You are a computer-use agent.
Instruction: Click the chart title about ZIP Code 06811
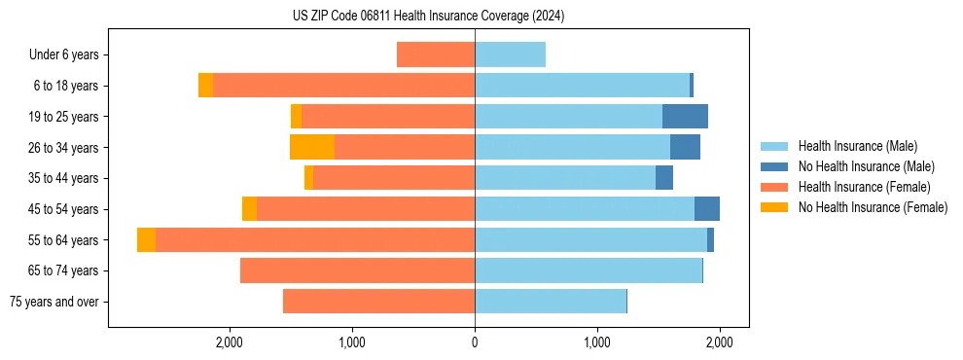tap(428, 17)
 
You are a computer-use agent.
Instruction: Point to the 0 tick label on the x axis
tap(475, 342)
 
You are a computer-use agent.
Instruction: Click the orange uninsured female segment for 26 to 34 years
tap(312, 147)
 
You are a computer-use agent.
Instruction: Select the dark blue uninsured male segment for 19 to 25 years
tap(685, 116)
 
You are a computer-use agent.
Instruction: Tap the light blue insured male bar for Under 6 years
tap(510, 54)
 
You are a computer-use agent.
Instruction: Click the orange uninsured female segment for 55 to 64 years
tap(146, 240)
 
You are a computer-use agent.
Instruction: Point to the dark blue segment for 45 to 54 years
tap(707, 209)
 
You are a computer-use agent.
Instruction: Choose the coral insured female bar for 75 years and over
tap(379, 302)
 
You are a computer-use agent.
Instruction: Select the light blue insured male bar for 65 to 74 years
tap(588, 270)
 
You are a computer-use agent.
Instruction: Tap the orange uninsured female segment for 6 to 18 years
tap(205, 86)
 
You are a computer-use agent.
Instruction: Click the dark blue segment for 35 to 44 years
tap(664, 178)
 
